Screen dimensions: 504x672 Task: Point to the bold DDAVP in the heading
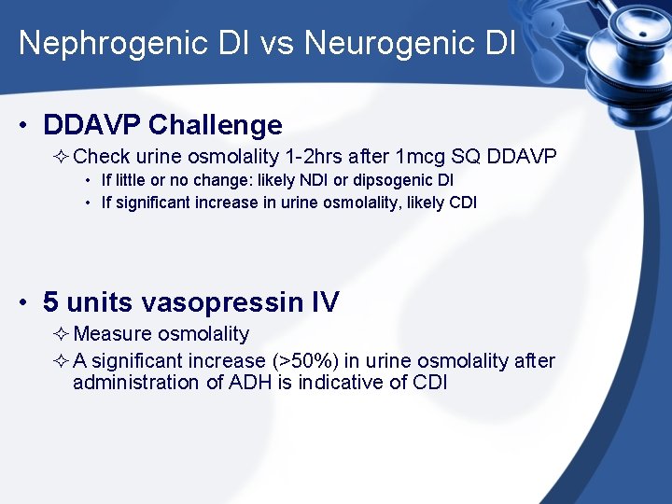(92, 125)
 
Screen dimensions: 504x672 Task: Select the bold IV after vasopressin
(326, 302)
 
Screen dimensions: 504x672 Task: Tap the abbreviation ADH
(251, 382)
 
